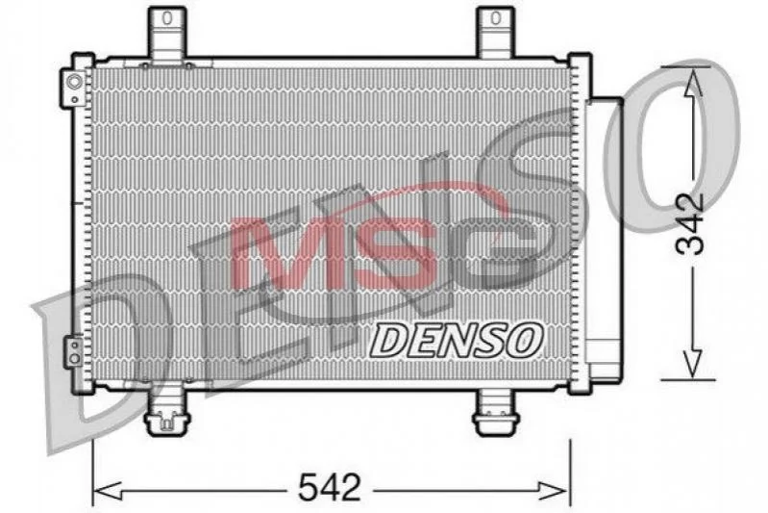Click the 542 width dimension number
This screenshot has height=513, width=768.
[x=330, y=487]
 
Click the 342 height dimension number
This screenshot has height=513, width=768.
[x=689, y=224]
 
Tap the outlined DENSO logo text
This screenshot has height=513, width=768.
[x=456, y=340]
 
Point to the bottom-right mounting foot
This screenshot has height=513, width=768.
[x=496, y=411]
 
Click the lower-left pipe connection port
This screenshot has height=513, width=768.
[x=74, y=351]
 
